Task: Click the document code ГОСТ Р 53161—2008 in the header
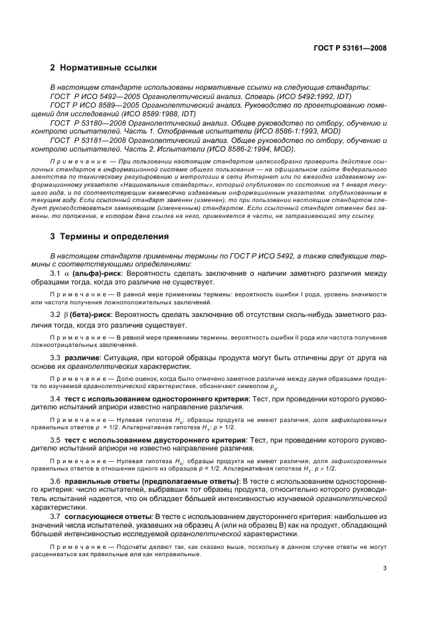click(x=351, y=47)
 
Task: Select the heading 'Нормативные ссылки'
click(x=108, y=68)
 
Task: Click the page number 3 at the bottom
click(x=385, y=568)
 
